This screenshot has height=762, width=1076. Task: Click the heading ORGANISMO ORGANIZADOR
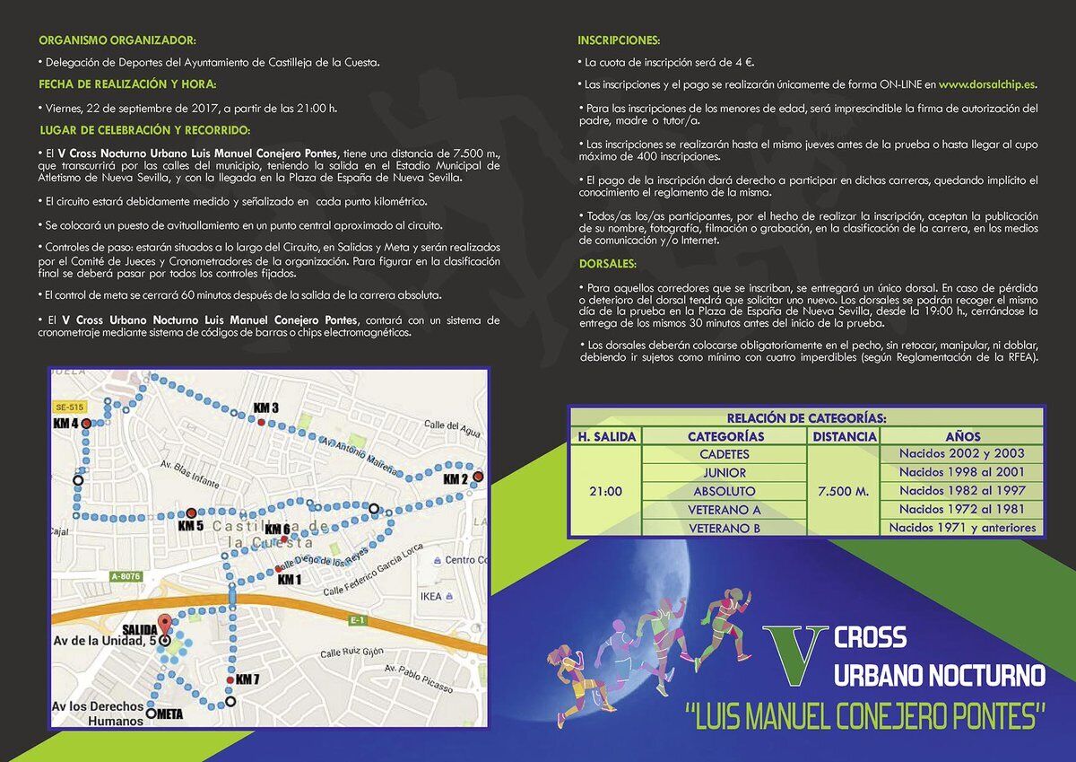tap(117, 41)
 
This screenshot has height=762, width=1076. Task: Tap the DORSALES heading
tap(608, 264)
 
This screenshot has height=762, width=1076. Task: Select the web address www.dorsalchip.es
tap(987, 84)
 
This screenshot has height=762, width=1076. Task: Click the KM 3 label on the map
tap(266, 408)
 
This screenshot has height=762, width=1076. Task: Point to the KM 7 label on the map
tap(247, 679)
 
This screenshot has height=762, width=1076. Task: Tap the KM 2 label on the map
tap(456, 479)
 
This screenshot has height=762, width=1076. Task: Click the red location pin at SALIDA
tap(164, 625)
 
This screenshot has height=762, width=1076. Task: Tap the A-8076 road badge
tap(126, 576)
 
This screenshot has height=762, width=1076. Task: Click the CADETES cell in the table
tap(725, 454)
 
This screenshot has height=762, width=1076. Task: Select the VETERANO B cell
tap(725, 529)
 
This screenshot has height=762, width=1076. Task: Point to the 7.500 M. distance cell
tap(843, 492)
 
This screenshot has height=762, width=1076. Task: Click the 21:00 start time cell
tap(606, 492)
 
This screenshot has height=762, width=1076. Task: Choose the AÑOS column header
tap(962, 436)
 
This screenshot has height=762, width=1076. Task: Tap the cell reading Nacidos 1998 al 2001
tap(962, 472)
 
